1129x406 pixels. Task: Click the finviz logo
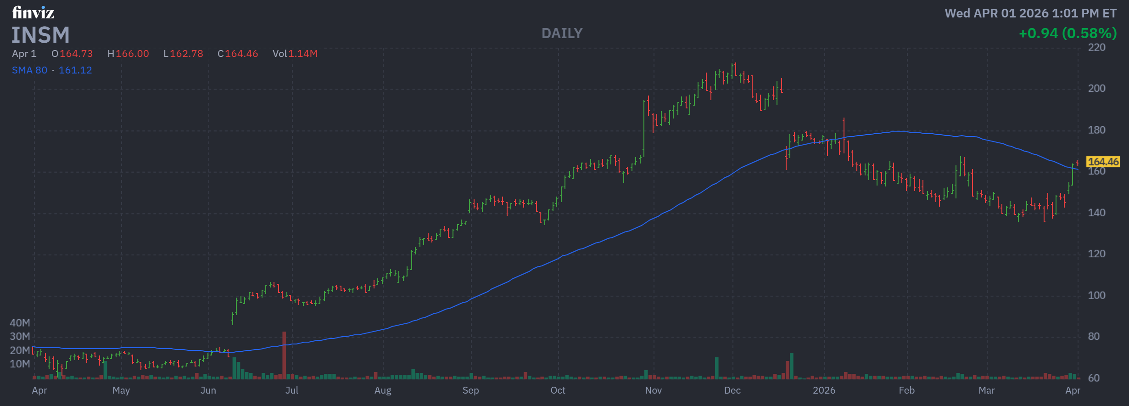point(33,12)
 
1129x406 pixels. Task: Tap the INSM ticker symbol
point(40,35)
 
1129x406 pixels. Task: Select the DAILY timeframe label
point(562,34)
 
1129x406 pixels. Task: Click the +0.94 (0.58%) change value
point(1068,34)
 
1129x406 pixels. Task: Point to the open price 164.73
point(76,54)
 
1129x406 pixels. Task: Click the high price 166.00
point(132,54)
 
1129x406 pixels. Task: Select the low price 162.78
point(186,54)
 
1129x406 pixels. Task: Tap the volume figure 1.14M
point(303,54)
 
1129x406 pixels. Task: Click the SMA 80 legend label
point(29,70)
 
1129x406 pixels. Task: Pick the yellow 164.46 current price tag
point(1103,162)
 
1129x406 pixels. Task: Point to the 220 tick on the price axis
point(1096,47)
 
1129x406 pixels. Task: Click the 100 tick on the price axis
point(1096,295)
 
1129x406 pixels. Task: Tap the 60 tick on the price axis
point(1094,378)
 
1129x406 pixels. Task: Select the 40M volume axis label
point(20,323)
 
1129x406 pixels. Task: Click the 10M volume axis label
point(20,364)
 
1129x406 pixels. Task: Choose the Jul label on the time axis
point(292,390)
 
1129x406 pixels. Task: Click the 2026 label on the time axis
point(824,390)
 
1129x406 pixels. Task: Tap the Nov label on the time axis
point(653,390)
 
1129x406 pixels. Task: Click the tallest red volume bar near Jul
point(284,355)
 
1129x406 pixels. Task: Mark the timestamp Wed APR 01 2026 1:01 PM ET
point(1030,13)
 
